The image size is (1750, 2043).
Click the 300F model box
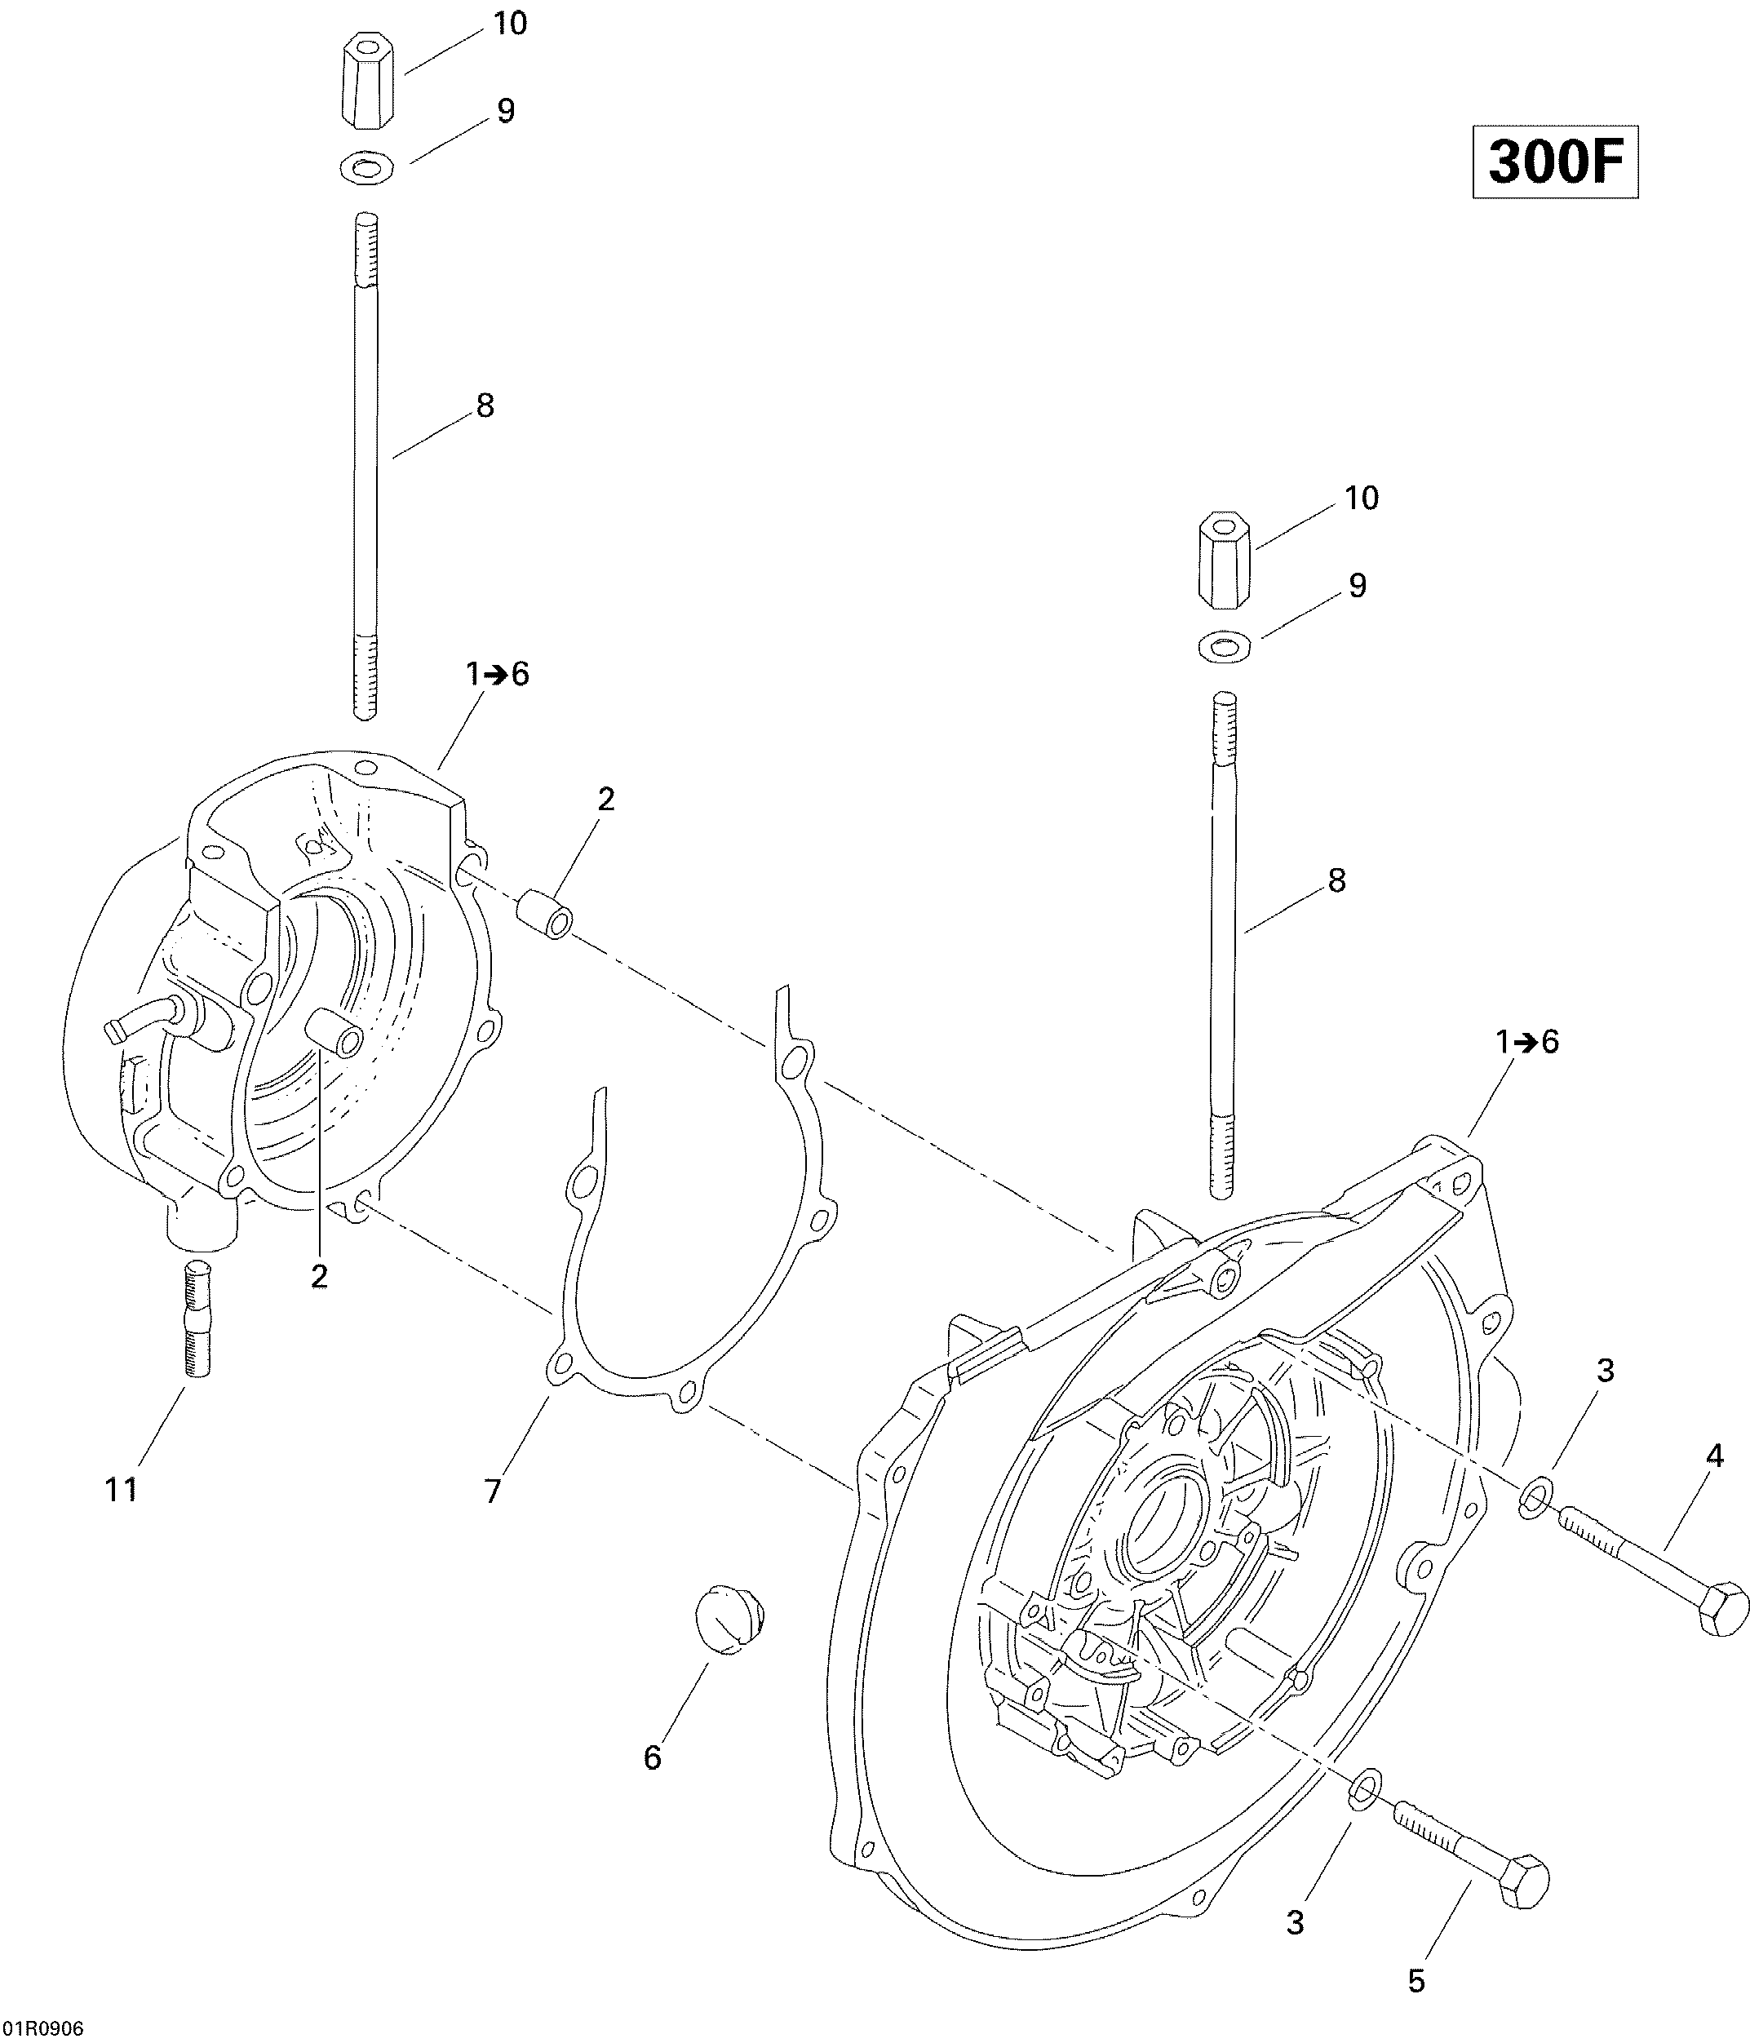tap(1555, 162)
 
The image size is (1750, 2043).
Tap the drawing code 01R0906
tap(43, 2028)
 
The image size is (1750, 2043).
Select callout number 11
tap(122, 1490)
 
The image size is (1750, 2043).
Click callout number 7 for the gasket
tap(493, 1491)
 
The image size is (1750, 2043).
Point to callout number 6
tap(653, 1758)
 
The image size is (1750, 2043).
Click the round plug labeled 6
tap(730, 1618)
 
